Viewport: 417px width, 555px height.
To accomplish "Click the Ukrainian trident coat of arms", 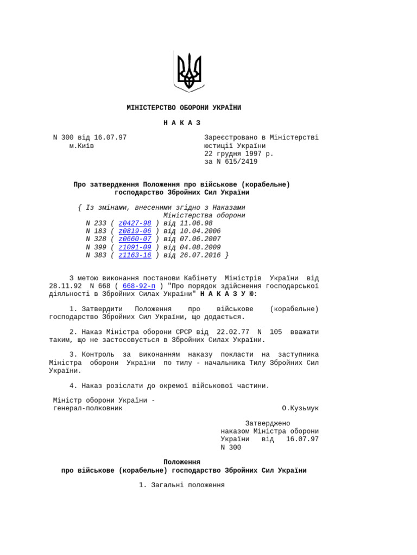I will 189,71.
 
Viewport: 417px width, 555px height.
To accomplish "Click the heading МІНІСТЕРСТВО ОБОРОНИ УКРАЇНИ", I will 184,108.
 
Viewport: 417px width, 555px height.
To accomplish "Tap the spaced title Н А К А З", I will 182,123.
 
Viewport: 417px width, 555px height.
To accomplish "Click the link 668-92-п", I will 139,286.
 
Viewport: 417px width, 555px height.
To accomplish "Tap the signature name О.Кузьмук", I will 300,408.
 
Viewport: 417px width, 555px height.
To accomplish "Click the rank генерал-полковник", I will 86,408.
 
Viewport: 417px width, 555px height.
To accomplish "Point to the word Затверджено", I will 268,423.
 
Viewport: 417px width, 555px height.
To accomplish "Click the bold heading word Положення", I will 182,462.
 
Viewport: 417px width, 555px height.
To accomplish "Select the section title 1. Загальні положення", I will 182,485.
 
